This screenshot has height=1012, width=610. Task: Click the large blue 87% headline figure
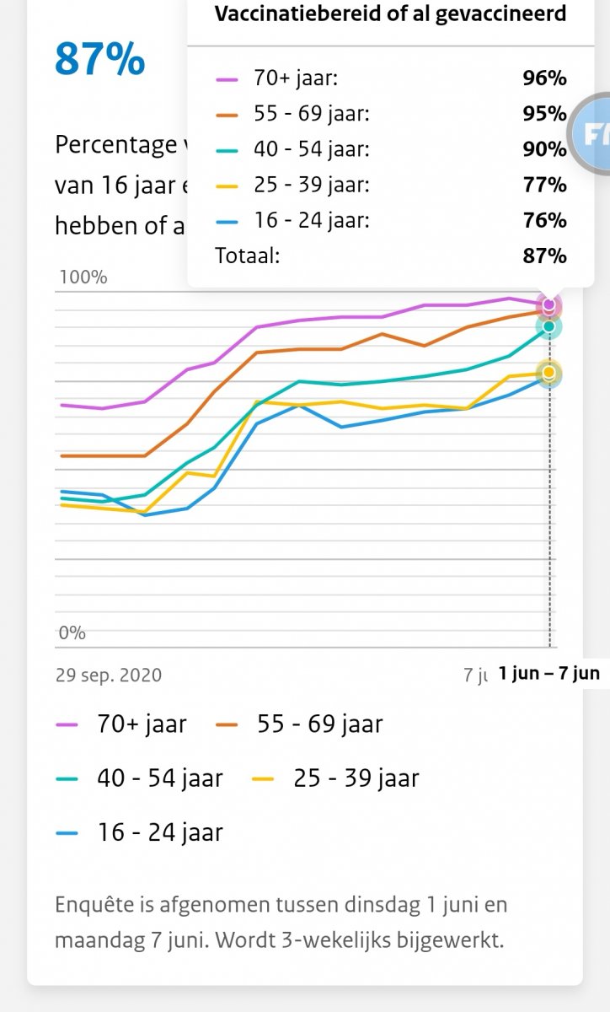point(99,59)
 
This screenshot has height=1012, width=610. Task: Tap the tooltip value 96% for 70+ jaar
point(544,78)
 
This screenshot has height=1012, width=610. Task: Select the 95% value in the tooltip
point(544,114)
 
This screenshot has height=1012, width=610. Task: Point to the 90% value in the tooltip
point(544,149)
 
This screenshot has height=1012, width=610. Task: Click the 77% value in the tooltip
point(544,185)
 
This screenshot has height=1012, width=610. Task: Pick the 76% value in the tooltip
point(544,220)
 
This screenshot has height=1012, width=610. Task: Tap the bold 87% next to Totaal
point(544,256)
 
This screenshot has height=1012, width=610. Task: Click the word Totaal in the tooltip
point(247,256)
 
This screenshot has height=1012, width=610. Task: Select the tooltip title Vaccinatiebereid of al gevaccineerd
point(390,13)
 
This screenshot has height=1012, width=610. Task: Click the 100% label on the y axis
point(82,277)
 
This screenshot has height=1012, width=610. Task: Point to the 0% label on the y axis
point(72,632)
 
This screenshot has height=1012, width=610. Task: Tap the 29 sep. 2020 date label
point(109,675)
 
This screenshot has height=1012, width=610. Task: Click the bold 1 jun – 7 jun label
point(548,673)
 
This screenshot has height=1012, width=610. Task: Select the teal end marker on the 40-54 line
point(549,326)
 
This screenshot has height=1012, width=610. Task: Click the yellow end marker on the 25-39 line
point(549,372)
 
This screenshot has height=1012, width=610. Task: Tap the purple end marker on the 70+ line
point(549,304)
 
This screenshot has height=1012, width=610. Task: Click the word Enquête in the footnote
point(94,905)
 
